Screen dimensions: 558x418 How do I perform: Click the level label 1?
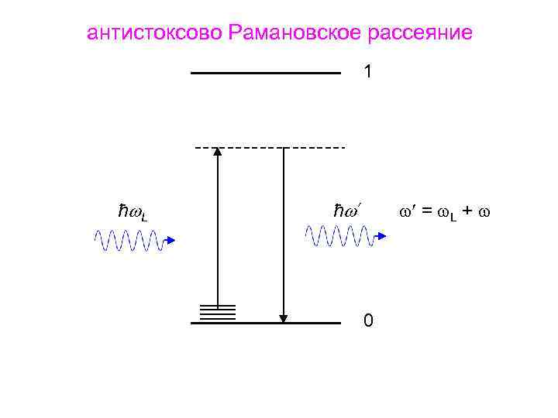[x=368, y=72]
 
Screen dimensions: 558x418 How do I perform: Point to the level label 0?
[x=368, y=320]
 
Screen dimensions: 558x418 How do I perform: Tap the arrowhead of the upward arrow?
[x=218, y=152]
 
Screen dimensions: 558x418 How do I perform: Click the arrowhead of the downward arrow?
[x=284, y=317]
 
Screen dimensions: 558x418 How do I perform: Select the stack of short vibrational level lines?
[x=218, y=312]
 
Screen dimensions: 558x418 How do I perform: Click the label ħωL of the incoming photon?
[x=133, y=211]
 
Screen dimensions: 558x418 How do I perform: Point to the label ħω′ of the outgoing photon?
[x=348, y=210]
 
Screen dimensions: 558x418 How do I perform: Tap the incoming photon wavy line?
[x=128, y=241]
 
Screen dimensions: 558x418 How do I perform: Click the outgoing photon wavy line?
[x=339, y=235]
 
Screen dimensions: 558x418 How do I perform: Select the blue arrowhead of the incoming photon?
[x=170, y=241]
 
